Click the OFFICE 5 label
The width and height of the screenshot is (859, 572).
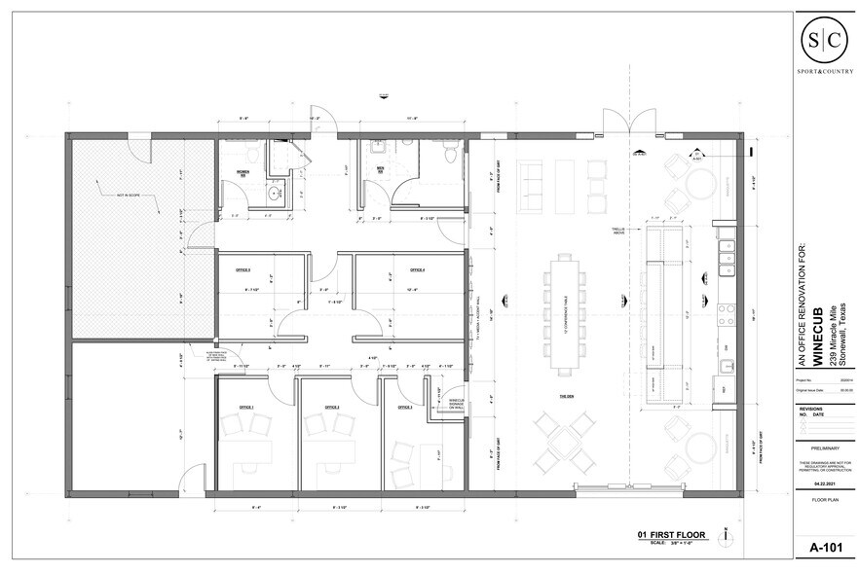[x=243, y=268]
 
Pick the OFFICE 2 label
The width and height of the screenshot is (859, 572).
[x=331, y=407]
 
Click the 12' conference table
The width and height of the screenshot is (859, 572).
[x=565, y=312]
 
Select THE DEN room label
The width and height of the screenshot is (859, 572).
[x=566, y=397]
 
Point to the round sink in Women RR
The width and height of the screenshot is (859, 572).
[x=275, y=194]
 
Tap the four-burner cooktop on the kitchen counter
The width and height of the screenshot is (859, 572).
[x=725, y=315]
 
